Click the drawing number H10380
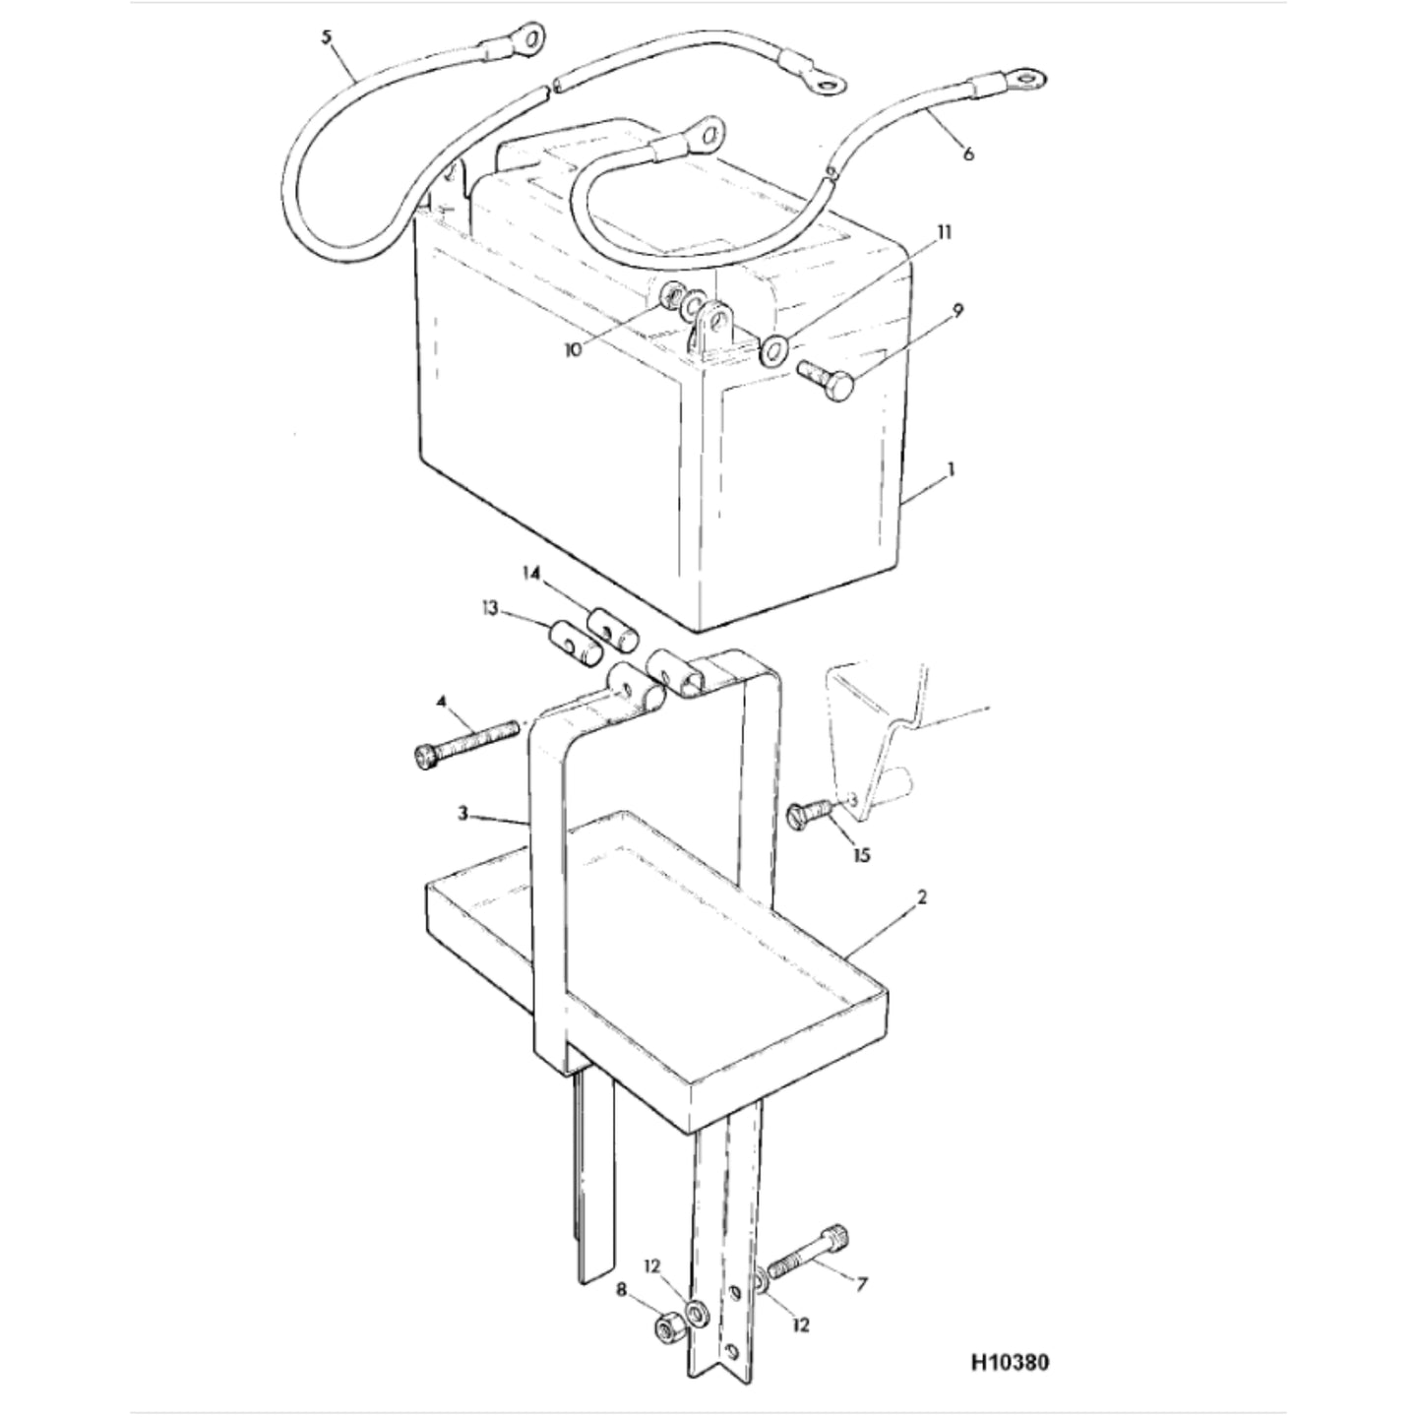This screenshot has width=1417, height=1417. click(1011, 1363)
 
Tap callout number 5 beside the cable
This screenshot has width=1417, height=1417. click(328, 37)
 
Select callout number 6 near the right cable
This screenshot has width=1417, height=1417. click(968, 154)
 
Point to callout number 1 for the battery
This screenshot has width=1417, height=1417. click(952, 468)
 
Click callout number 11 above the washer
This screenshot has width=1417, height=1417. click(944, 232)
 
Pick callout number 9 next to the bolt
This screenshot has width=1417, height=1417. click(957, 310)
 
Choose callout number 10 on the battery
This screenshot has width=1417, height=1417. click(573, 350)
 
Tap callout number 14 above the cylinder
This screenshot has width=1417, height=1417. click(532, 572)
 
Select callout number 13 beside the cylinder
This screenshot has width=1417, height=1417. click(490, 608)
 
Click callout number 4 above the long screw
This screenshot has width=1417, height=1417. click(441, 702)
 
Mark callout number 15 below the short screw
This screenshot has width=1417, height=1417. click(861, 855)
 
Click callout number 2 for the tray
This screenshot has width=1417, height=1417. click(922, 897)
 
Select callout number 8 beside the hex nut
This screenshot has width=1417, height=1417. click(622, 1290)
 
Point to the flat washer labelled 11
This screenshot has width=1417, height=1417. click(773, 351)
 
